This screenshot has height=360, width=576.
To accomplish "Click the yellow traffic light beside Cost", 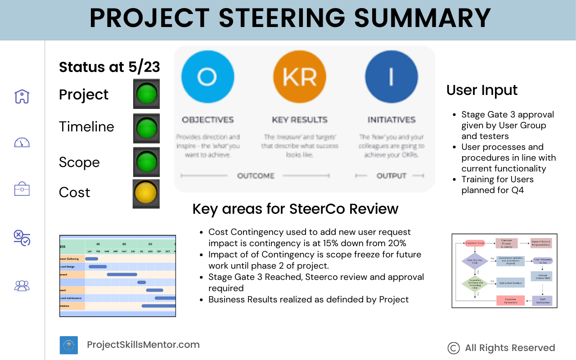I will pyautogui.click(x=146, y=193).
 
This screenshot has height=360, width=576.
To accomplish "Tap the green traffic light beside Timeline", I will pyautogui.click(x=146, y=128).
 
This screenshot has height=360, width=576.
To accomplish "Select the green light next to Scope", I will pyautogui.click(x=146, y=162).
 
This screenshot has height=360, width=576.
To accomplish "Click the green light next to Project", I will pyautogui.click(x=146, y=94).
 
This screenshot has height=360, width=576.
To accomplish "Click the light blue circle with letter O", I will pyautogui.click(x=207, y=77).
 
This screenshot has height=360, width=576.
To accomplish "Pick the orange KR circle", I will pyautogui.click(x=299, y=77).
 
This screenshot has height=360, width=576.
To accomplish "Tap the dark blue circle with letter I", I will pyautogui.click(x=391, y=77).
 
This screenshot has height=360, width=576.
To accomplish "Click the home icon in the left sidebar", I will pyautogui.click(x=22, y=96).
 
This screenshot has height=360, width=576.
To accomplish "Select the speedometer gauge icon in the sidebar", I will pyautogui.click(x=22, y=143).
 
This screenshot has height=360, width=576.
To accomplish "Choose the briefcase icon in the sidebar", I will pyautogui.click(x=22, y=189).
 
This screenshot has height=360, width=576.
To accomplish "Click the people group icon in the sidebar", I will pyautogui.click(x=22, y=285).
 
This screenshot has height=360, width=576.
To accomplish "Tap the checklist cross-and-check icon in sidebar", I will pyautogui.click(x=22, y=237).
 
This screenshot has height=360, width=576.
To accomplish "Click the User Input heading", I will pyautogui.click(x=482, y=90).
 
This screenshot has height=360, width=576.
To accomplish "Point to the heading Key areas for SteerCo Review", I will pyautogui.click(x=295, y=209).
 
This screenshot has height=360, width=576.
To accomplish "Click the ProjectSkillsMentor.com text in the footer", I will pyautogui.click(x=143, y=345).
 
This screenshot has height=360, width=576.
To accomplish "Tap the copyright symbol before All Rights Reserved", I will pyautogui.click(x=454, y=348).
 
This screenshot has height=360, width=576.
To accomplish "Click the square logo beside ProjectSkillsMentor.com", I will pyautogui.click(x=69, y=345).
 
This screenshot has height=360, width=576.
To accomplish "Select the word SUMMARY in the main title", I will pyautogui.click(x=423, y=18).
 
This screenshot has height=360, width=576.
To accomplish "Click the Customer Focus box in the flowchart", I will pyautogui.click(x=475, y=243).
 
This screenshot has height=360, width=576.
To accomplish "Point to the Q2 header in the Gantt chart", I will pyautogui.click(x=124, y=244).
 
